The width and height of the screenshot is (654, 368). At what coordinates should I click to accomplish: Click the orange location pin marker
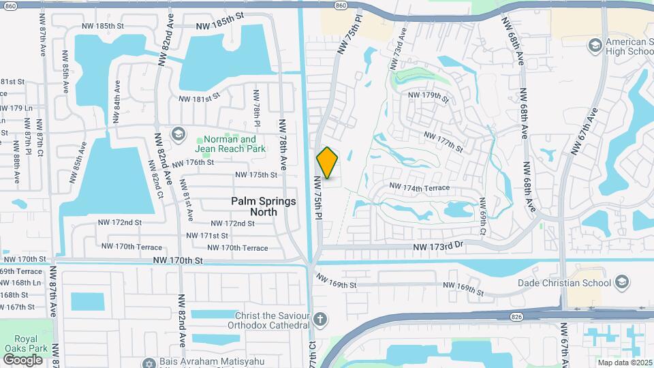tap(328, 163)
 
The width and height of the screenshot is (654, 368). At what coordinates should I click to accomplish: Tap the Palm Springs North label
tap(264, 206)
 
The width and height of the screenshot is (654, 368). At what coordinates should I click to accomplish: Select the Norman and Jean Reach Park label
tap(230, 143)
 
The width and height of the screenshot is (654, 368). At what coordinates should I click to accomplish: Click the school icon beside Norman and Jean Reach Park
tap(178, 133)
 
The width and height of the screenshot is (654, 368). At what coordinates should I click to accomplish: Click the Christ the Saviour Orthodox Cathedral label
tap(271, 320)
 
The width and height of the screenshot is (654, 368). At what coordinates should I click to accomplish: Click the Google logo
tap(22, 359)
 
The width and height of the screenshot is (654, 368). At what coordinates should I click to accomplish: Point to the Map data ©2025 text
tap(623, 363)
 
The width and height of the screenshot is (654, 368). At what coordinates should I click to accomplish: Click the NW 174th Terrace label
tap(420, 187)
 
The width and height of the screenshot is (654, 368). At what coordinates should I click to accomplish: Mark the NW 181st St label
tap(200, 98)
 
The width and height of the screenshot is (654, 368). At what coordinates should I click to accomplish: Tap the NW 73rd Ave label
tap(398, 49)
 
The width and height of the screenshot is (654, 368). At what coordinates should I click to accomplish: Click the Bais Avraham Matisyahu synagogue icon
tap(149, 363)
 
